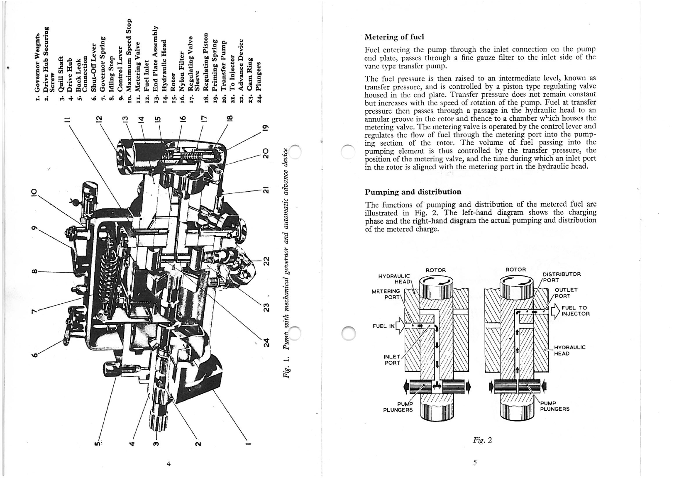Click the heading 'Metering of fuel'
[x=394, y=37]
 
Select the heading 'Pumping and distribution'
[x=413, y=192]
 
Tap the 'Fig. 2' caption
[x=483, y=440]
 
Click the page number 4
[x=169, y=463]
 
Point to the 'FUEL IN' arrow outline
[x=400, y=326]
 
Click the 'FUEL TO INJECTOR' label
[x=576, y=311]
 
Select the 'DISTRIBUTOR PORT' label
[x=562, y=277]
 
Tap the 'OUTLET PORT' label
[x=566, y=293]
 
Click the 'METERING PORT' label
[x=386, y=294]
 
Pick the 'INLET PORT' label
[x=392, y=360]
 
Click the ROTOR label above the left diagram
[x=436, y=270]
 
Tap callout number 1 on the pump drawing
[x=248, y=444]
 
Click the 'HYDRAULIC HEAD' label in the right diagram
[x=570, y=350]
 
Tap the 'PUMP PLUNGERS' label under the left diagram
[x=398, y=407]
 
